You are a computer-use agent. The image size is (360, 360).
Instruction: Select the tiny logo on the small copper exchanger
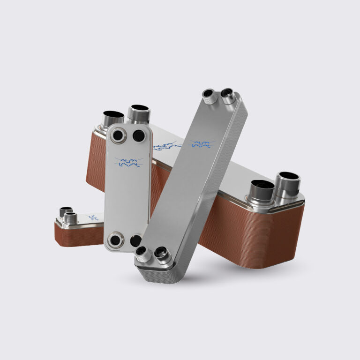click(93, 217)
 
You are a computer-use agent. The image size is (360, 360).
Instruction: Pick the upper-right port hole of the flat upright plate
click(139, 136)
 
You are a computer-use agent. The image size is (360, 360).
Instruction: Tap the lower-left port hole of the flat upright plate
click(114, 241)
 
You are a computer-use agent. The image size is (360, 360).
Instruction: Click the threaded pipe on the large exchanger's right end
click(286, 184)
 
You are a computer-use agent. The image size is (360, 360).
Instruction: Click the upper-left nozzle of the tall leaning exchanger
click(209, 96)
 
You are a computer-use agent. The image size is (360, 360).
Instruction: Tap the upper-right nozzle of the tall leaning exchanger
click(229, 95)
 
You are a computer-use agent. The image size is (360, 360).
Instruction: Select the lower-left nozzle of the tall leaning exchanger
click(142, 255)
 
